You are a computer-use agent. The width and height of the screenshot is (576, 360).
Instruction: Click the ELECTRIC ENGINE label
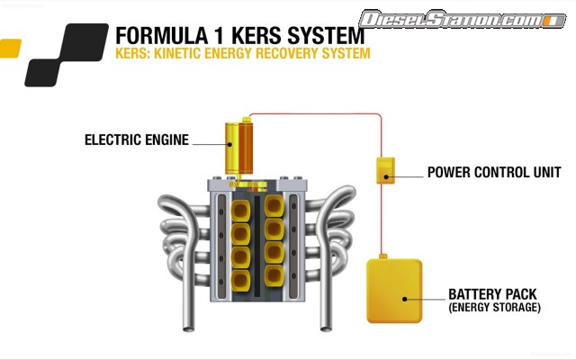(136, 139)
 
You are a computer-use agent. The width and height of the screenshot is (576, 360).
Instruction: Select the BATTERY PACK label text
(493, 294)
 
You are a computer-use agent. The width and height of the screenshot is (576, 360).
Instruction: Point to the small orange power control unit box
(385, 169)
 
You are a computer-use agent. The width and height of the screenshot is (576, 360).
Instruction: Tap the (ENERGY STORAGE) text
(494, 308)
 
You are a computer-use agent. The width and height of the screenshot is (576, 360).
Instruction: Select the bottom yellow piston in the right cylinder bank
(275, 274)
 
